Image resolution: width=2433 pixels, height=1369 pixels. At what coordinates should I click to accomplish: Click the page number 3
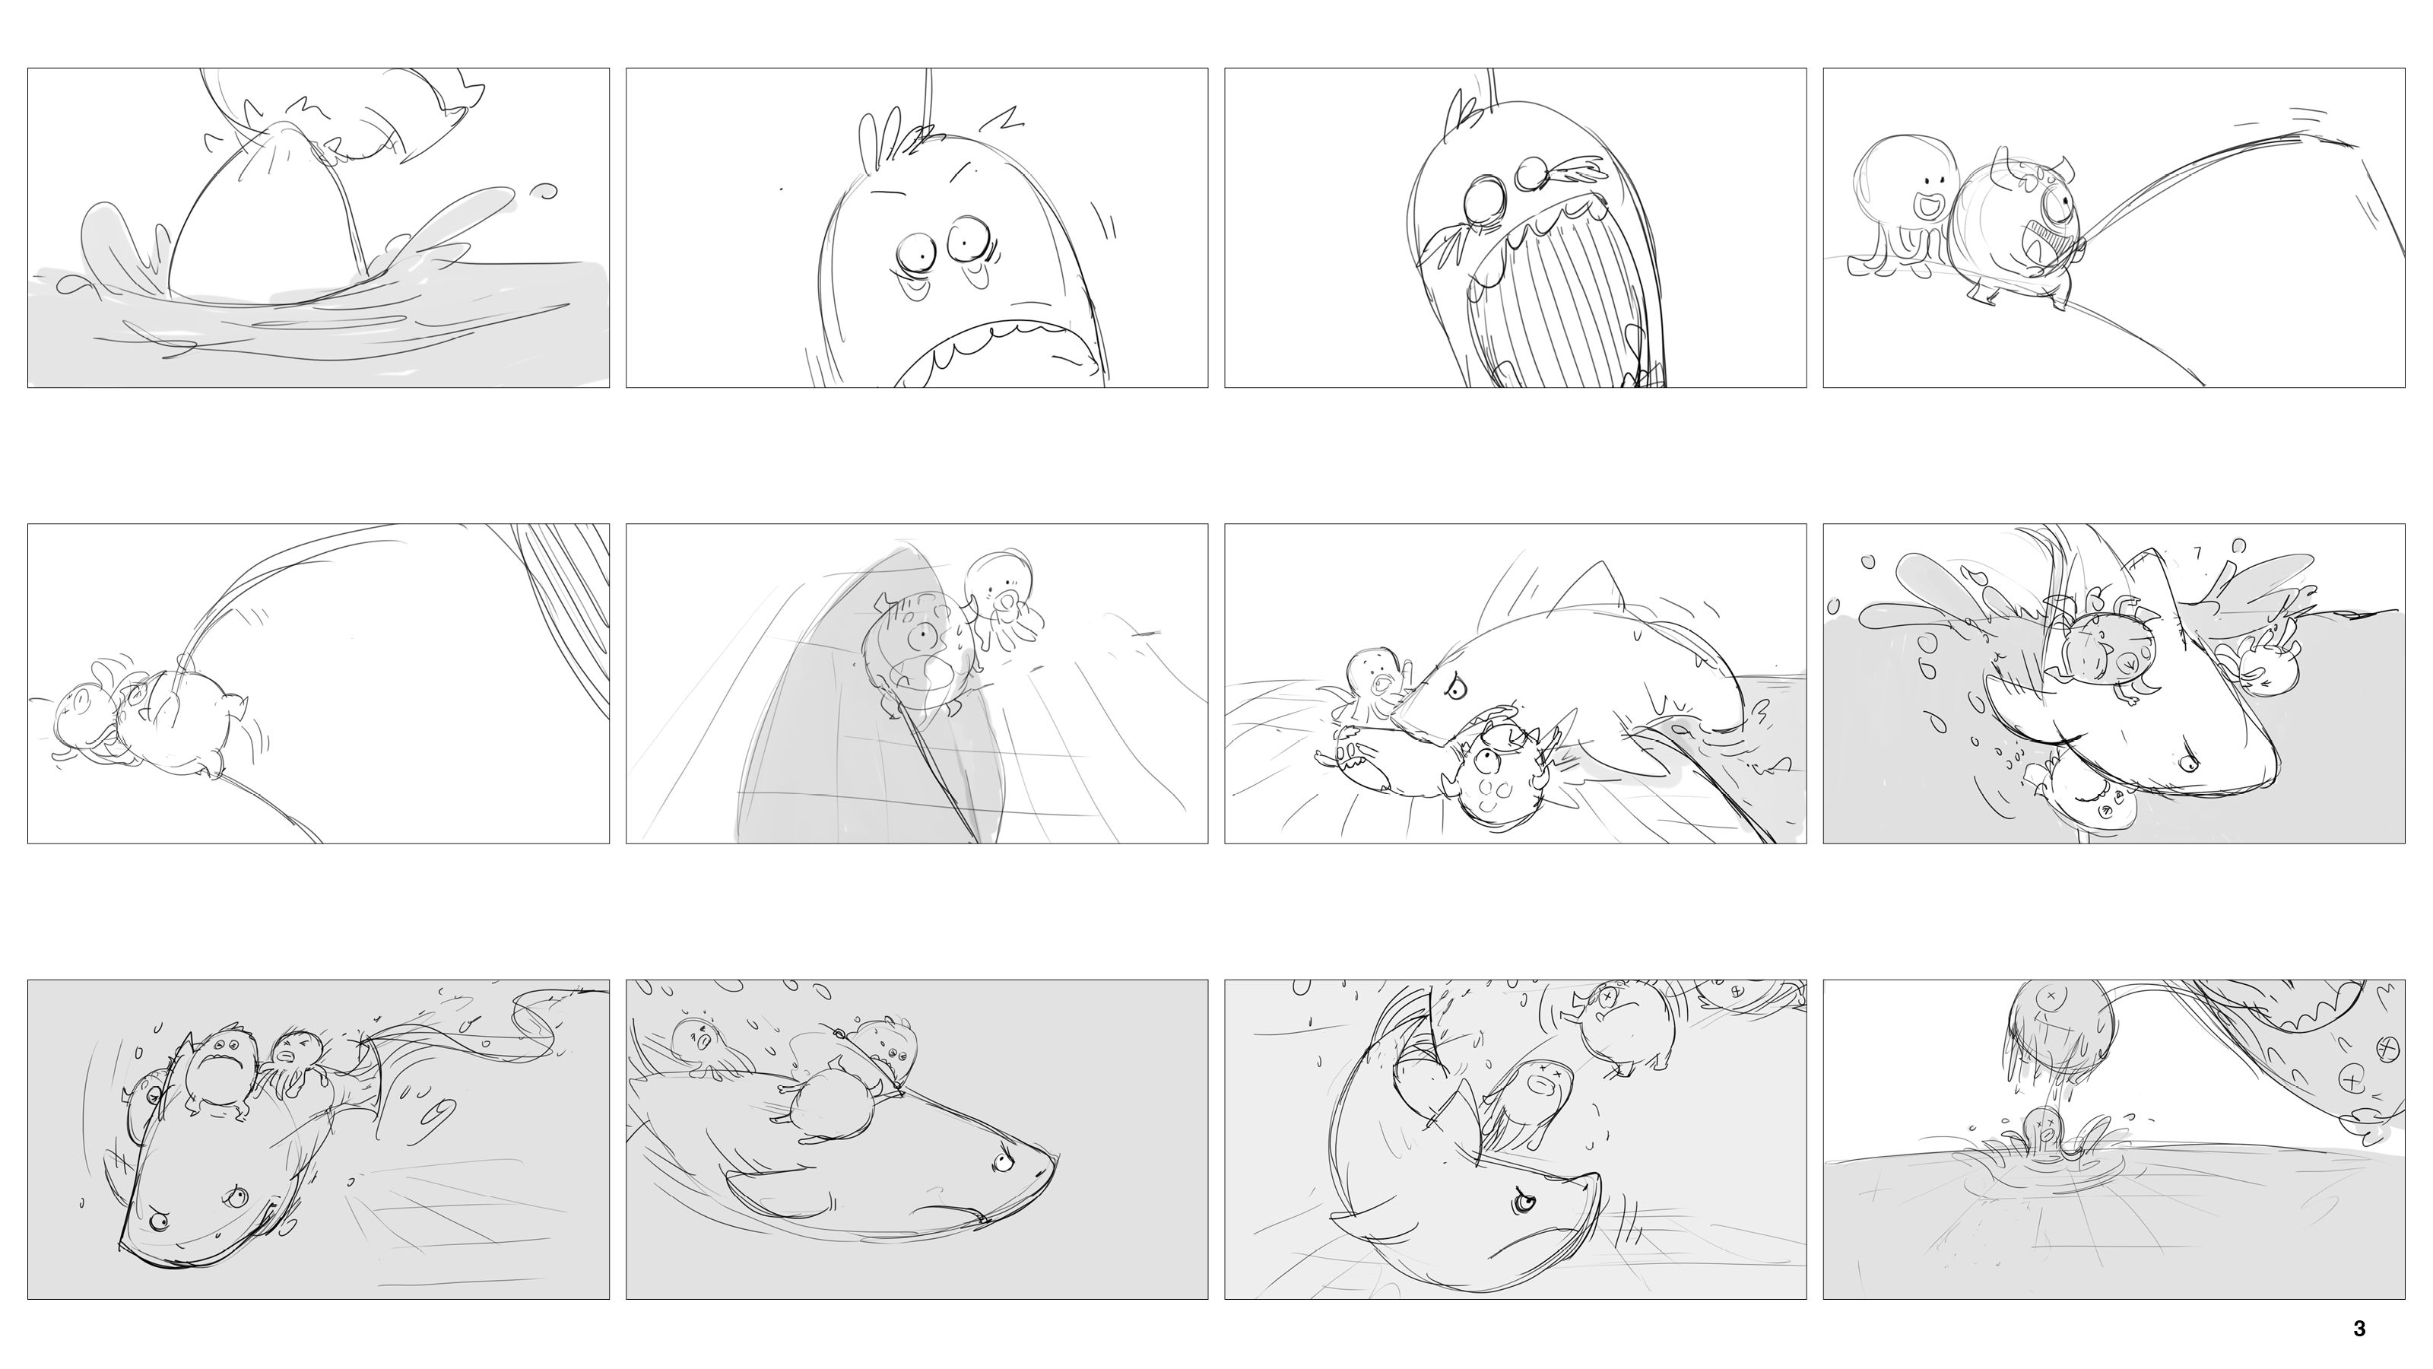tap(2358, 1329)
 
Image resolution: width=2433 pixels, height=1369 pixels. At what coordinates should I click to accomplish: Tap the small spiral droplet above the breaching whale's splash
tap(545, 191)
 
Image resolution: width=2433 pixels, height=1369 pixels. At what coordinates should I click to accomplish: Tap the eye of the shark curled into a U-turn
tap(1522, 1202)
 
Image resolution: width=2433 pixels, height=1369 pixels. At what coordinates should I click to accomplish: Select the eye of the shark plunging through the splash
tap(2184, 761)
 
